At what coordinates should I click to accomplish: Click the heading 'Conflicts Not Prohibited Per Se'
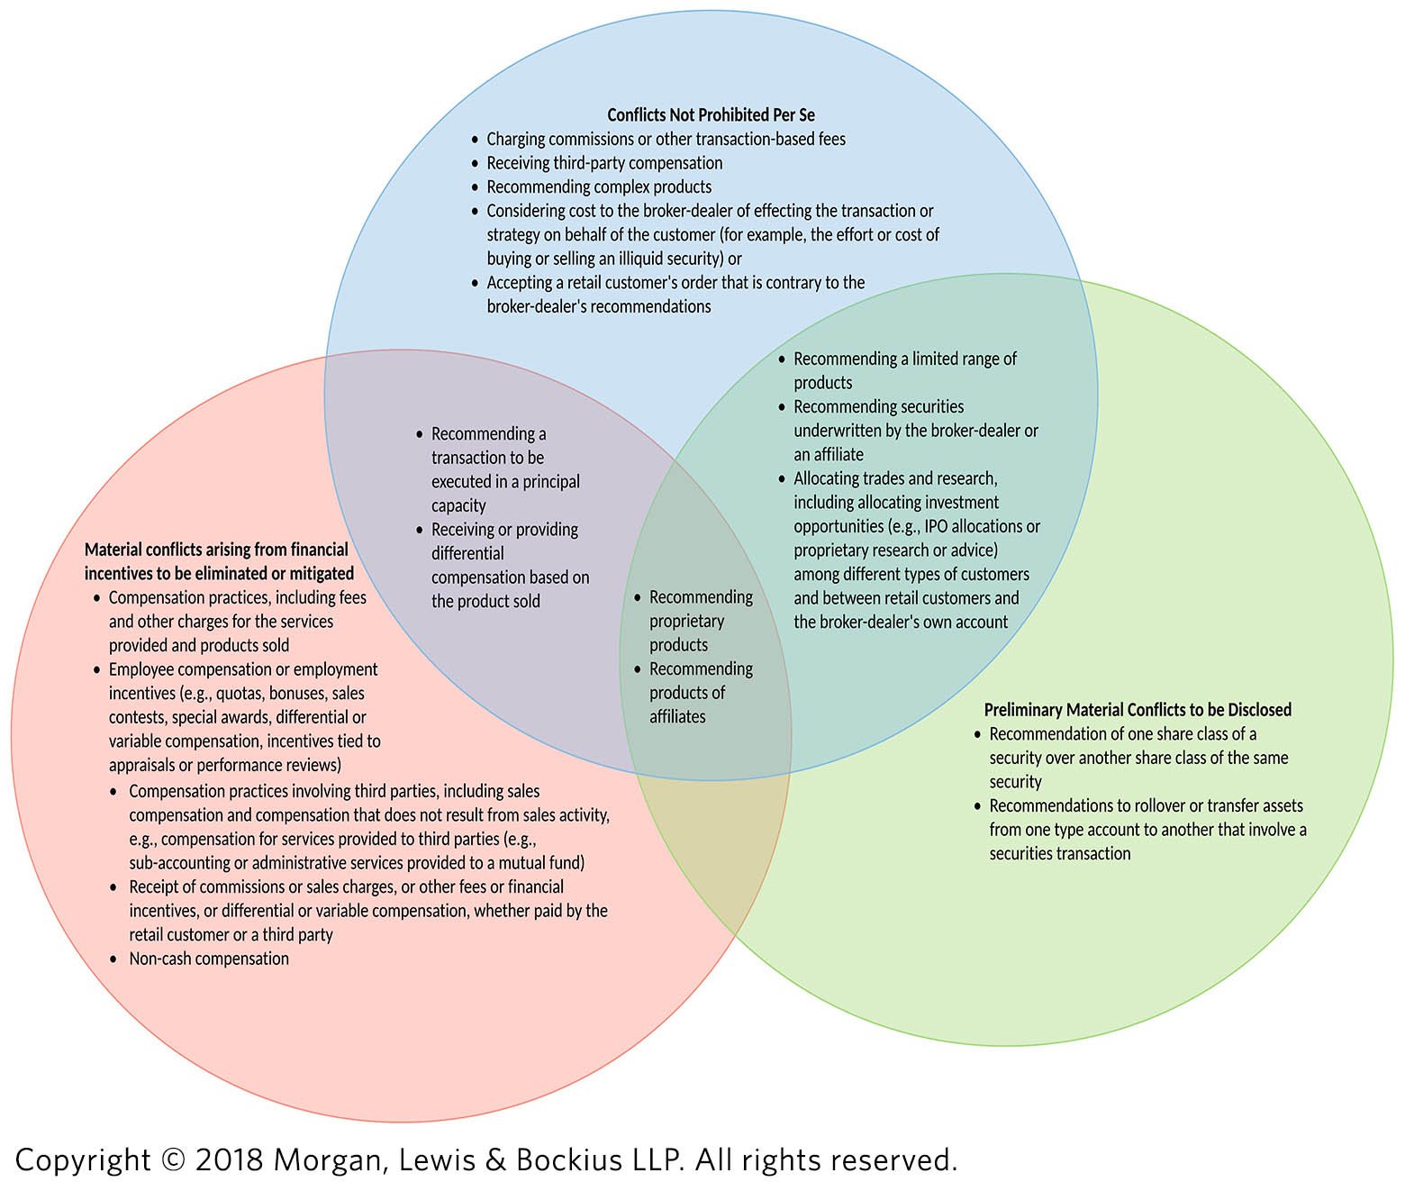[711, 114]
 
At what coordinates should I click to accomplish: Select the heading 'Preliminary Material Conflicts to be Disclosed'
[1138, 710]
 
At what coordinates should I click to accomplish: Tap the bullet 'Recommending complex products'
[599, 187]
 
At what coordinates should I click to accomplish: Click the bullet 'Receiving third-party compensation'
[604, 163]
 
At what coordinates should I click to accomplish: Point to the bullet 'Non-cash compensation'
[209, 959]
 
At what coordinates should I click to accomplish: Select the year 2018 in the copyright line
[229, 1160]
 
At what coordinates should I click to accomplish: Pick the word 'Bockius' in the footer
[567, 1160]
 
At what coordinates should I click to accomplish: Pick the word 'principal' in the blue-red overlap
[548, 482]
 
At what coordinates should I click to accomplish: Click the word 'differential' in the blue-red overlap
[467, 554]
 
